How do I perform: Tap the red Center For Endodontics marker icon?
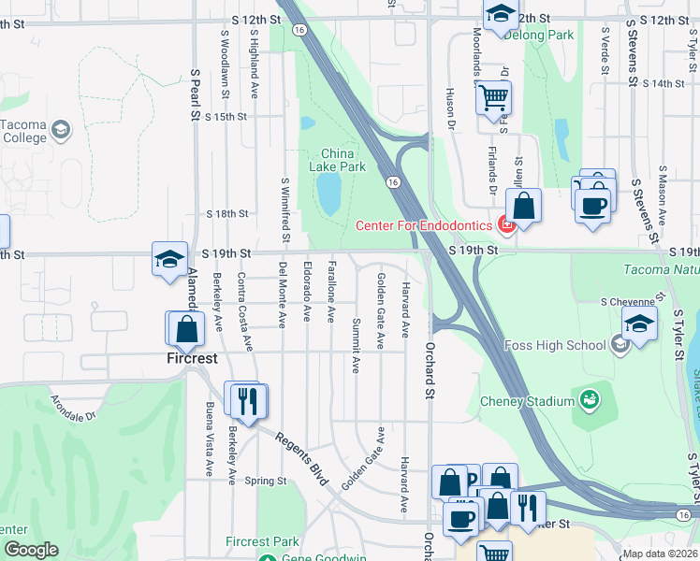[507, 224]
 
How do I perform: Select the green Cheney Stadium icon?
[590, 401]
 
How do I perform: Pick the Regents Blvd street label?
[299, 457]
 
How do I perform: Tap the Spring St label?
[265, 482]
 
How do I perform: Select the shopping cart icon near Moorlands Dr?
[493, 95]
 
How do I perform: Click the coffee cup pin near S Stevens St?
[593, 205]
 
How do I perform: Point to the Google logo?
[31, 550]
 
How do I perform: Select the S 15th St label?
[226, 117]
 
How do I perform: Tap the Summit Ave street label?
[356, 345]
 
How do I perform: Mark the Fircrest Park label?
[262, 541]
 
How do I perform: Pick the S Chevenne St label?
[630, 302]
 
